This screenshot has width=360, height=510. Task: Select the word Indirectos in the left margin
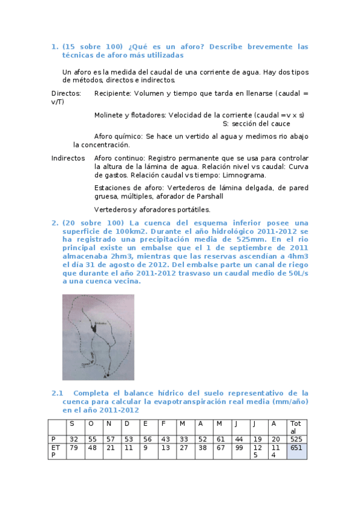tap(68, 158)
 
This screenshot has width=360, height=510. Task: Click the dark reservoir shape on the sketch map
tap(94, 326)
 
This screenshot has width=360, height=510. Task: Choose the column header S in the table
tap(73, 423)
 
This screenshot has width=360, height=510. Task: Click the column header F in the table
tap(164, 423)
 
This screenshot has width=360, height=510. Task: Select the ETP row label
tap(55, 451)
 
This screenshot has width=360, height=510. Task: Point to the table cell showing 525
tap(296, 439)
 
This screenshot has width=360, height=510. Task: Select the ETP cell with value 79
tap(74, 447)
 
